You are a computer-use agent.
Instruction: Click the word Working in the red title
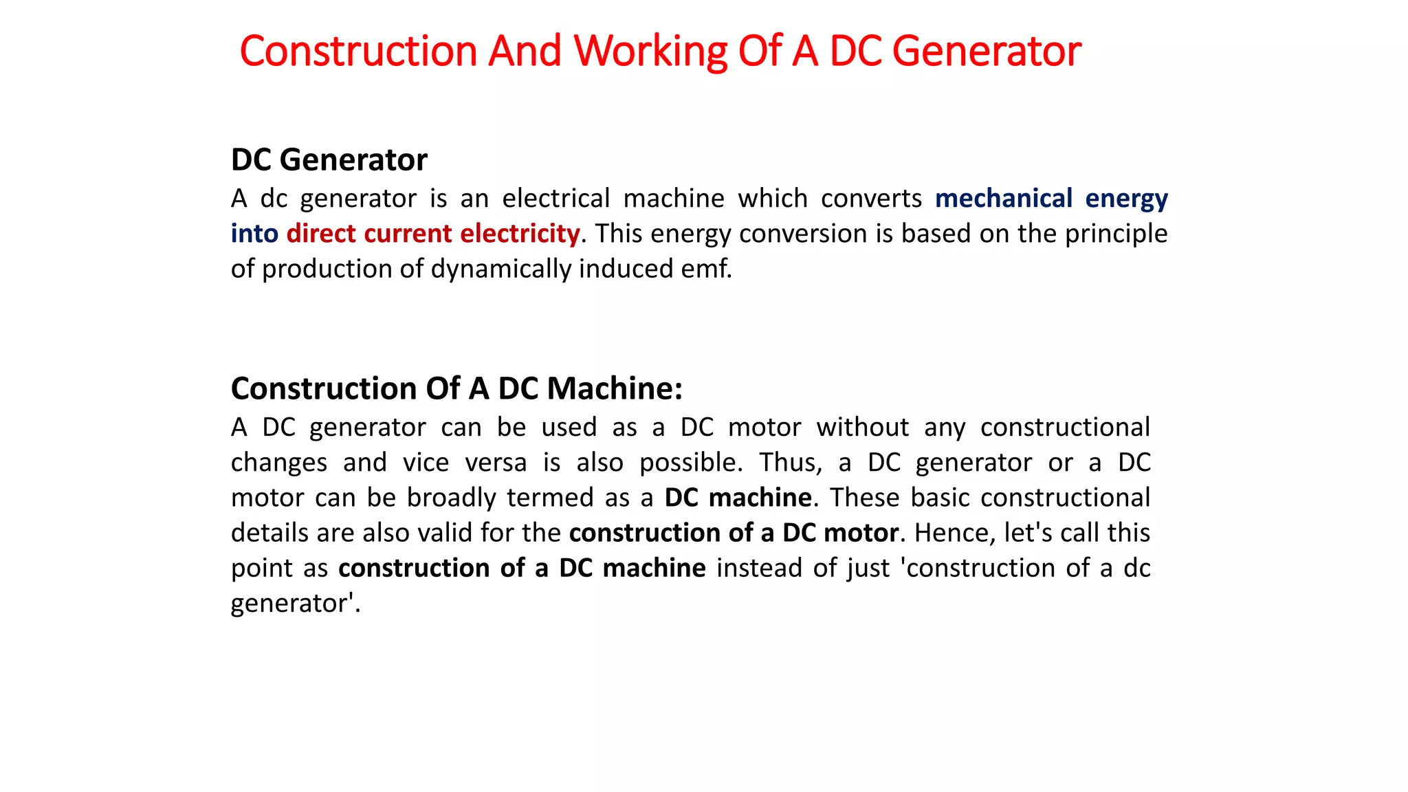tap(650, 52)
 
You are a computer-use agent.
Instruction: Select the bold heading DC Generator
tap(329, 160)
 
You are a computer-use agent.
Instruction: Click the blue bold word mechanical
tap(1004, 199)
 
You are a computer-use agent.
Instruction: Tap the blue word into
tap(254, 234)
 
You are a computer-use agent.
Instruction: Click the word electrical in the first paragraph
tap(555, 199)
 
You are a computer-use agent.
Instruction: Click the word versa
tap(496, 463)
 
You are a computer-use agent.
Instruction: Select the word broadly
tap(451, 498)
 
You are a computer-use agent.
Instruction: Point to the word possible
tap(690, 463)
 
